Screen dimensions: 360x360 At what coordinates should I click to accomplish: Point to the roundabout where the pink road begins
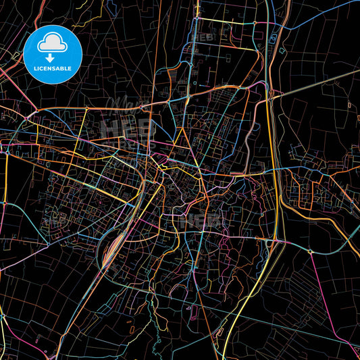(x=310, y=251)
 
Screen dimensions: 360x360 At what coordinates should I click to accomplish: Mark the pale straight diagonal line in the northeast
(x=317, y=84)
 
